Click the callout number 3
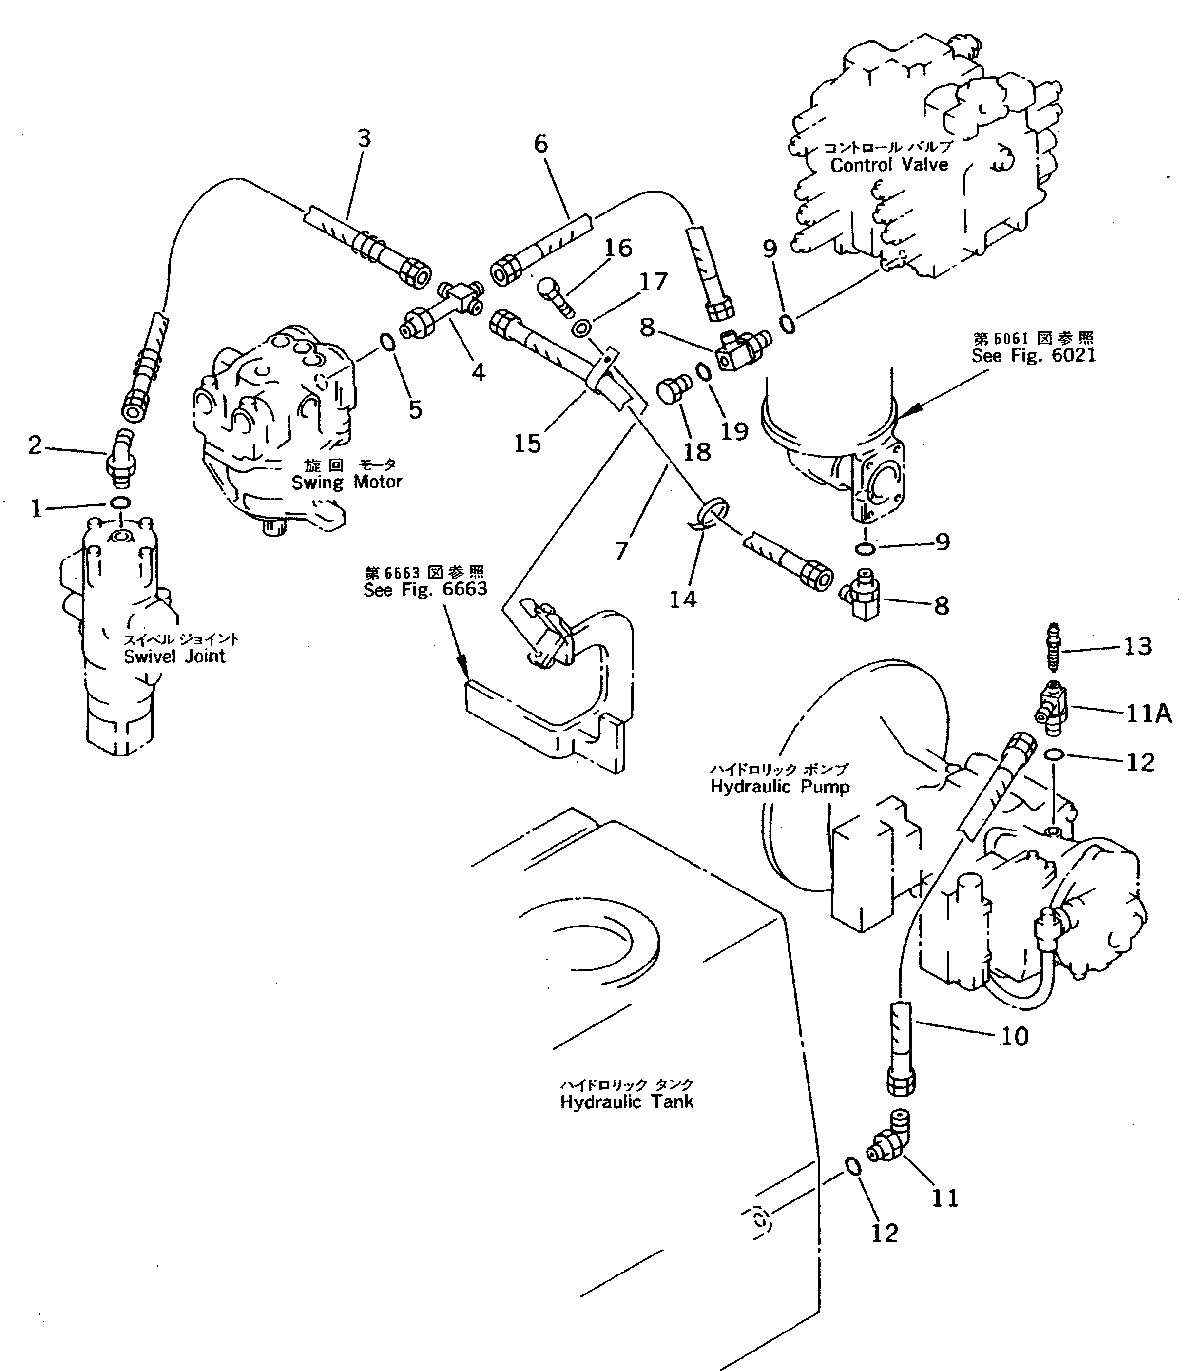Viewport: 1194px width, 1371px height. tap(363, 139)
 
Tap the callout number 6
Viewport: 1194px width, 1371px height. tap(541, 144)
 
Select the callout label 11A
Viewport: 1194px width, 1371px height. tap(1149, 714)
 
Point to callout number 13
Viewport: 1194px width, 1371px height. tap(1138, 646)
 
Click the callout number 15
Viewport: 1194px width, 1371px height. tap(527, 444)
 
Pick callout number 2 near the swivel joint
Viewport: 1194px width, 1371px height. tap(35, 445)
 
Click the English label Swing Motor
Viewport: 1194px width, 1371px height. tap(347, 482)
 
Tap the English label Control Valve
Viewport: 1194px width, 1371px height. tap(889, 165)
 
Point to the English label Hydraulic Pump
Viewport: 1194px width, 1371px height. tap(780, 787)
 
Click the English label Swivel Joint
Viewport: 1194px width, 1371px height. tap(174, 656)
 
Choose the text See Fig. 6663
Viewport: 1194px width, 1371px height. tap(425, 589)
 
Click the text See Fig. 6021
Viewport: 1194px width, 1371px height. tap(1034, 355)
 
